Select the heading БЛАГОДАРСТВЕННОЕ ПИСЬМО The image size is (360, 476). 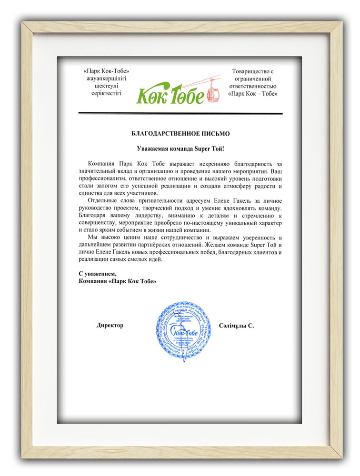click(x=180, y=134)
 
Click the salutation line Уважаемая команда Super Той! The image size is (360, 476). click(x=180, y=149)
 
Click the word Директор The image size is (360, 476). click(x=110, y=326)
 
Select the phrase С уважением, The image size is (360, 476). click(x=97, y=274)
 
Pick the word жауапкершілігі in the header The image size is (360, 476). click(x=106, y=79)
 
